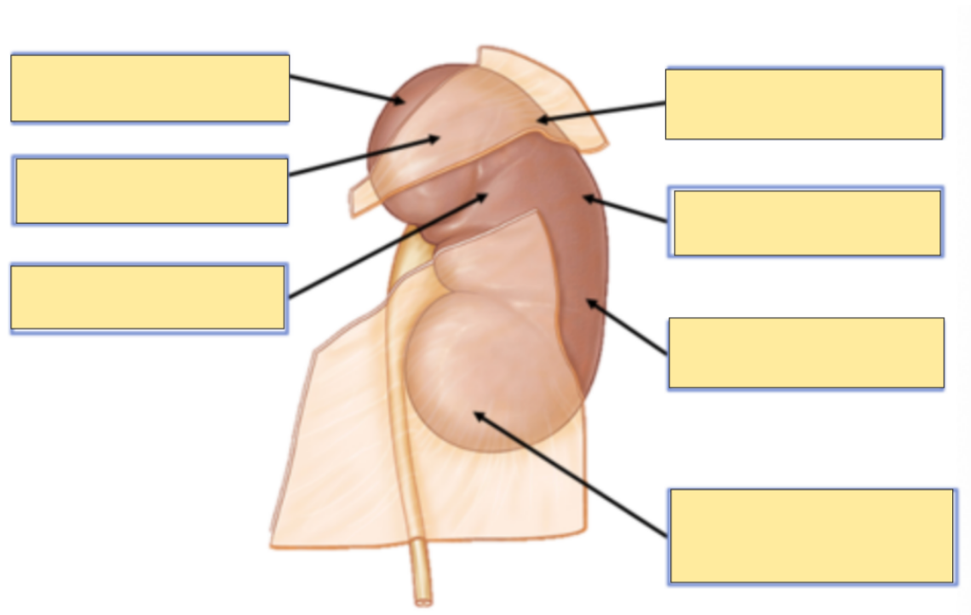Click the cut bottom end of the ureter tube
click(423, 601)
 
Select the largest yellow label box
click(811, 536)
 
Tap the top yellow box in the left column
click(150, 88)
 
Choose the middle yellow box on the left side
click(152, 191)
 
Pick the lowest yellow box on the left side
click(148, 297)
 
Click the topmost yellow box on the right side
click(803, 104)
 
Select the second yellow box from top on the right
click(807, 222)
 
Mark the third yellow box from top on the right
click(806, 353)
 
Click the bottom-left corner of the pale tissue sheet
click(273, 544)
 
